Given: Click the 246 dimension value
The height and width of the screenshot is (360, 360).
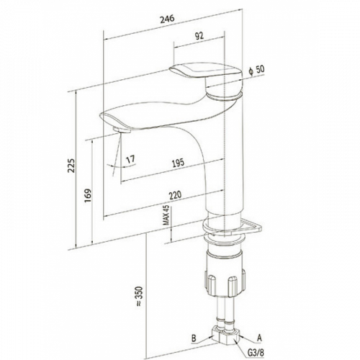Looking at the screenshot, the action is click(x=167, y=19).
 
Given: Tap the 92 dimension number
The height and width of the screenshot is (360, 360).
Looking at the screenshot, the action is click(x=199, y=36).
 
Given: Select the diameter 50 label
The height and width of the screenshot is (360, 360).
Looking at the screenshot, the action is click(x=257, y=70).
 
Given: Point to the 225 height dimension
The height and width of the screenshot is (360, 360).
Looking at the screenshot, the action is click(x=71, y=166).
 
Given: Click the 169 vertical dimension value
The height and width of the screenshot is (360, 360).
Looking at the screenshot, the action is click(x=88, y=196).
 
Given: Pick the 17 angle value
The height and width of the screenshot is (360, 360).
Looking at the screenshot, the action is click(x=131, y=159).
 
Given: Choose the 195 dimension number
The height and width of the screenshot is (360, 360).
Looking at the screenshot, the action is click(x=178, y=163).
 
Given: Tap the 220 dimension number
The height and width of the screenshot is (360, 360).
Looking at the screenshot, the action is click(x=175, y=195).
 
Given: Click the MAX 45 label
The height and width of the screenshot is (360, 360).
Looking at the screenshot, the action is click(x=166, y=215).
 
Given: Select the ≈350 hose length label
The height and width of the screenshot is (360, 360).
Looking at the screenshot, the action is click(x=139, y=297).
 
